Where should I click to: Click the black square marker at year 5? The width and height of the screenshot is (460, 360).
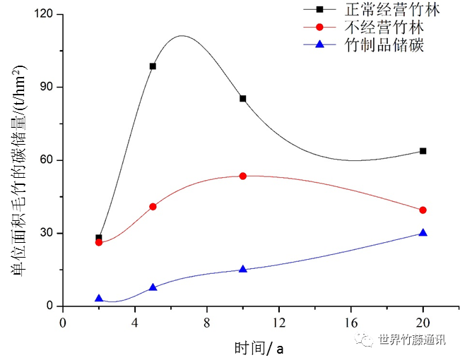tap(153, 66)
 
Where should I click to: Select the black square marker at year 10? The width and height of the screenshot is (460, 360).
tap(242, 99)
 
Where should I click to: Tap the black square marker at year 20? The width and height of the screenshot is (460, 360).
tap(423, 151)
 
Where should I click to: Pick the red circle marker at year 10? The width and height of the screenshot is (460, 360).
tap(242, 176)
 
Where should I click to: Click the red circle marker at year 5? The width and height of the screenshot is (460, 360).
tap(153, 207)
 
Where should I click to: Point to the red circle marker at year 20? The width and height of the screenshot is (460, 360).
tap(423, 210)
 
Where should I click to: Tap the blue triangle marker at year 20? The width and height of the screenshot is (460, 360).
tap(423, 233)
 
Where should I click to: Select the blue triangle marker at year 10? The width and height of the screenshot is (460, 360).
tap(242, 269)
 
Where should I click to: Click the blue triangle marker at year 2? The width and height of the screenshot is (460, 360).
tap(99, 299)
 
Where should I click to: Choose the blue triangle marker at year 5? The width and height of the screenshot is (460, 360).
tap(153, 287)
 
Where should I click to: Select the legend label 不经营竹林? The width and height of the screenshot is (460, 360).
tap(384, 27)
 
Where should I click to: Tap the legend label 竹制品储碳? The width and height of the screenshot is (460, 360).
tap(384, 45)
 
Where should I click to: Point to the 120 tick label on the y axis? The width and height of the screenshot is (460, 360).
tap(43, 13)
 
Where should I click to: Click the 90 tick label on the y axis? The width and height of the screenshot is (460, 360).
tap(47, 87)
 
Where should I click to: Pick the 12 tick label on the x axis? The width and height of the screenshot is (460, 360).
tap(278, 323)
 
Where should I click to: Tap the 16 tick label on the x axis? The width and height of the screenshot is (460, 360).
tap(351, 323)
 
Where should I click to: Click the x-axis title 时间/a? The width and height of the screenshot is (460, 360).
tap(259, 348)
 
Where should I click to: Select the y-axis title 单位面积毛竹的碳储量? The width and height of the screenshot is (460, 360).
tap(18, 170)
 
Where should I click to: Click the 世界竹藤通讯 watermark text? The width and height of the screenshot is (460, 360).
tap(412, 340)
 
